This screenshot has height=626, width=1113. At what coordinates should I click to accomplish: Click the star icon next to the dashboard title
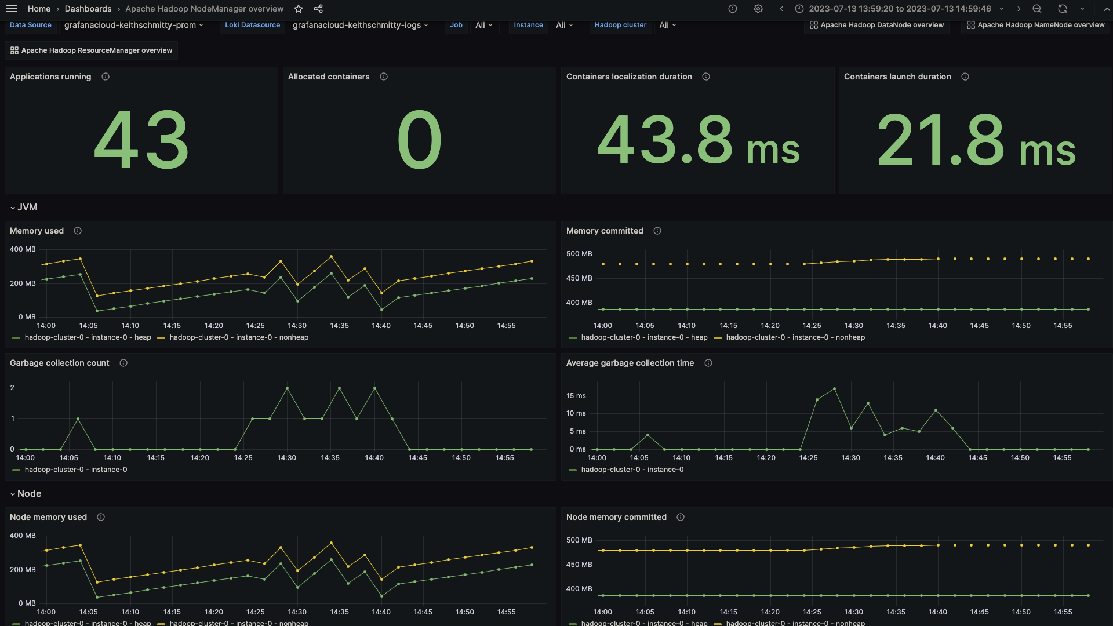(x=299, y=9)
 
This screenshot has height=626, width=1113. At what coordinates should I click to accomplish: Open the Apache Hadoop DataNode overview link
(x=876, y=25)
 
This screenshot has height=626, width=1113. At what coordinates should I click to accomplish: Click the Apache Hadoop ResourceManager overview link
(x=92, y=50)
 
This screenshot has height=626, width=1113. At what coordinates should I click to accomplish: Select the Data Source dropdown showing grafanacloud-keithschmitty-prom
(x=133, y=25)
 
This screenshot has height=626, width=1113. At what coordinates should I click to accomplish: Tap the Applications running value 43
(x=141, y=140)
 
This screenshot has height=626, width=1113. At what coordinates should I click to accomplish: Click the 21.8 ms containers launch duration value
(x=976, y=140)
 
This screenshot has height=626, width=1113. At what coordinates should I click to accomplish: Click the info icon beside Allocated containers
(x=384, y=77)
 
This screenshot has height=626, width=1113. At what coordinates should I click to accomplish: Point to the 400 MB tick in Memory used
(x=23, y=249)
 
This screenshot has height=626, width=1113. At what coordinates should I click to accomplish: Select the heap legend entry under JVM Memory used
(x=87, y=337)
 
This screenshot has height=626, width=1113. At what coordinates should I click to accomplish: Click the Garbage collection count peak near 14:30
(x=287, y=388)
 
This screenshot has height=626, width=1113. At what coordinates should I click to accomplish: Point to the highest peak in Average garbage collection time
(x=834, y=389)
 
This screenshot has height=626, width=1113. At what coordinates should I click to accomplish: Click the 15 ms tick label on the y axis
(x=576, y=396)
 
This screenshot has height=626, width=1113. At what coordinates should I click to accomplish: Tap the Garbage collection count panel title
(x=60, y=363)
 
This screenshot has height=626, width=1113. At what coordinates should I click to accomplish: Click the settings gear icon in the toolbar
(x=758, y=9)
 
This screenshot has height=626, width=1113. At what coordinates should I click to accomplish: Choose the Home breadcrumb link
(x=39, y=9)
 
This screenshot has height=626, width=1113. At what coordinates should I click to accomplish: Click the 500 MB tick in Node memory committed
(x=579, y=540)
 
